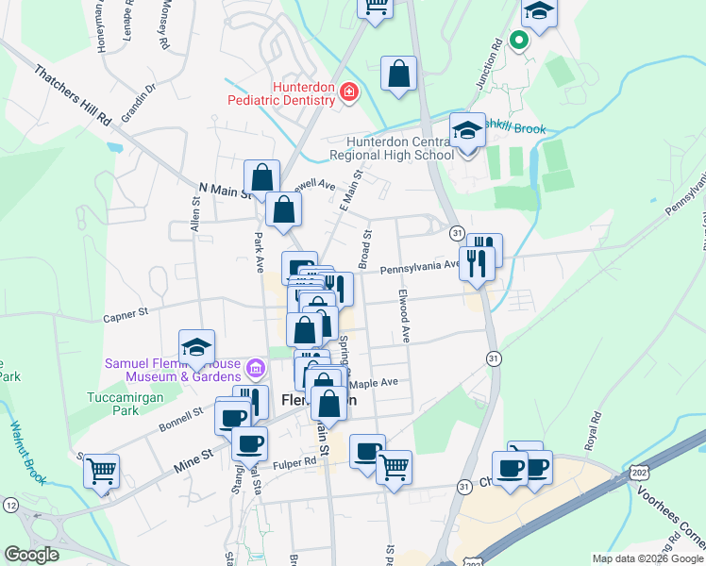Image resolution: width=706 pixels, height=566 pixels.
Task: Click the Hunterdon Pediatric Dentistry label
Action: (x=278, y=91)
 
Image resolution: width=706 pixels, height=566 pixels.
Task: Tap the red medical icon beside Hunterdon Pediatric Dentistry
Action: (x=348, y=92)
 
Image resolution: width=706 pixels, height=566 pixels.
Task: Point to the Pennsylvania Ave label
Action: (x=420, y=268)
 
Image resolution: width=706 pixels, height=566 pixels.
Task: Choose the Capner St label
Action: (x=126, y=310)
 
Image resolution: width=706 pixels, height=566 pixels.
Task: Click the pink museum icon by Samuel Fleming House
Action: (x=253, y=366)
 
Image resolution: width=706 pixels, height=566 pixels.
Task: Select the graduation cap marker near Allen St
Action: (x=197, y=348)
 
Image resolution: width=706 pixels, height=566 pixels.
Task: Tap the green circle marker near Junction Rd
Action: (x=517, y=40)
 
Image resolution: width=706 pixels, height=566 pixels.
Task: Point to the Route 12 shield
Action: (x=10, y=506)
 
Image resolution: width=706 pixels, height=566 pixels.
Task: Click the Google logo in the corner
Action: (x=31, y=555)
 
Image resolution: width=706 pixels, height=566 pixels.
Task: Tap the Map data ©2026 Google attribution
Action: (x=647, y=558)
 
